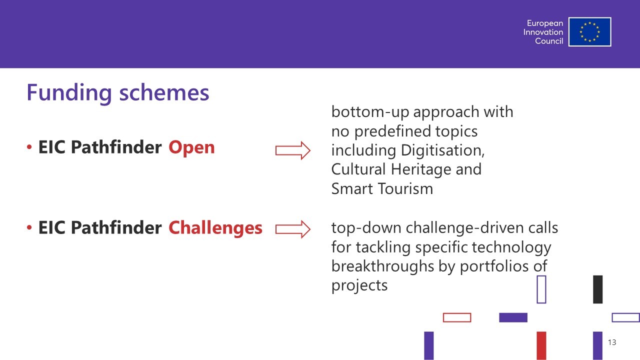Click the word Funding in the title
pos(69,92)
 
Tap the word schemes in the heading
pos(164,92)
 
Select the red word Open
pos(191,148)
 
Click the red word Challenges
pos(215,228)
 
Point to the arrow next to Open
pos(293,150)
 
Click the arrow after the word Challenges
pos(293,229)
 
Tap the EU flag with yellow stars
pos(589,31)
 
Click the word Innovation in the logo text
pos(543,32)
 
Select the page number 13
pos(612,342)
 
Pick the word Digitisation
pos(442,150)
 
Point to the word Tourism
pos(405,188)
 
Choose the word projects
pos(359,285)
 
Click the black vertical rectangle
pos(597,289)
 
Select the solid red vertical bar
pos(541,345)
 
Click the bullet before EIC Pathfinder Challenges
pos(29,227)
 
